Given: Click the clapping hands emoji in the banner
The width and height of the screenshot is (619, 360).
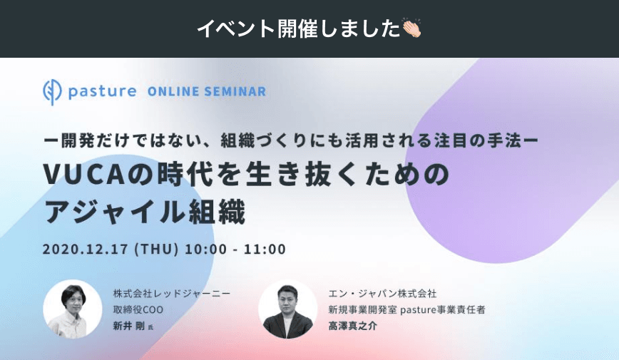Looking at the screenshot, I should pos(411,29).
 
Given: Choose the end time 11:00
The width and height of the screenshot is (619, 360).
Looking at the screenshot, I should pos(265,250).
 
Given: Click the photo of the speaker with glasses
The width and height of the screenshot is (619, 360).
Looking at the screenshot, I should pos(72,308).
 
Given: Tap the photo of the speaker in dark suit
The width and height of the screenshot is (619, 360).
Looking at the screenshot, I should pos(287,308).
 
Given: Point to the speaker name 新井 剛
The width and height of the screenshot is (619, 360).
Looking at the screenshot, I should pos(129,326).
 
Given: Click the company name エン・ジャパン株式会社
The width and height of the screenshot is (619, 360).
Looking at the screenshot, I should pos(382,293).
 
